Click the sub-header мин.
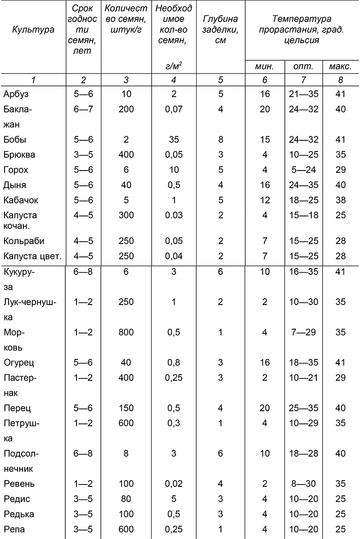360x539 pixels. coord(265,67)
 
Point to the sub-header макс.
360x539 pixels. coord(340,67)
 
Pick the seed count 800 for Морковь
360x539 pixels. coord(126,332)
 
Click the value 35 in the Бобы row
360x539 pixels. coord(173,140)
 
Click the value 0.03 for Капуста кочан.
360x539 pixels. coord(173,215)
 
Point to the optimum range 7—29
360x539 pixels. coord(303,332)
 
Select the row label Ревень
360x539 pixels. coord(19,484)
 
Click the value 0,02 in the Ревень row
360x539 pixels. coord(173,484)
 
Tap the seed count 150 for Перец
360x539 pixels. coord(126,408)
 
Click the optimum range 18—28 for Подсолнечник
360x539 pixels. coord(303,454)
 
